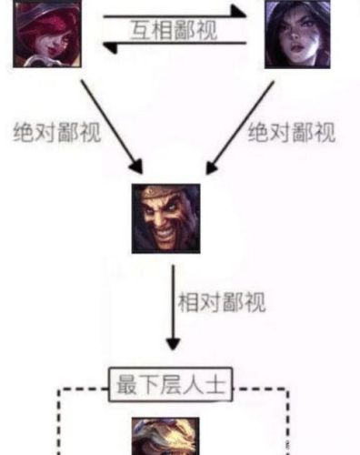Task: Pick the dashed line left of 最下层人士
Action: click(82, 390)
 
